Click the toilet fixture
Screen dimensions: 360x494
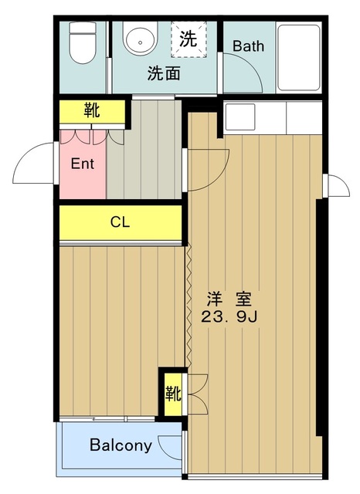click(x=83, y=42)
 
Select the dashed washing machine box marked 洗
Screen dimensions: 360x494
click(x=188, y=39)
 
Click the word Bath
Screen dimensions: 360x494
click(x=249, y=46)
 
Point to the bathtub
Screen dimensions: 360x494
click(x=299, y=57)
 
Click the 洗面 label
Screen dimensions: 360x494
click(x=164, y=73)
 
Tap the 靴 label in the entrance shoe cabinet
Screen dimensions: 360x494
click(x=92, y=110)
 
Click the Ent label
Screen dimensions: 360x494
click(x=83, y=164)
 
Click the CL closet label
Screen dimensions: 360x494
click(x=120, y=222)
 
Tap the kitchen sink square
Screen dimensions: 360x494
click(x=240, y=117)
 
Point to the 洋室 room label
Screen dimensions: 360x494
click(x=229, y=299)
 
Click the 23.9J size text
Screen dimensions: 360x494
click(x=229, y=317)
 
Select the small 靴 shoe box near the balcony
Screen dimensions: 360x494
click(x=173, y=394)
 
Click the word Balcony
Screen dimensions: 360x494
click(x=121, y=445)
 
